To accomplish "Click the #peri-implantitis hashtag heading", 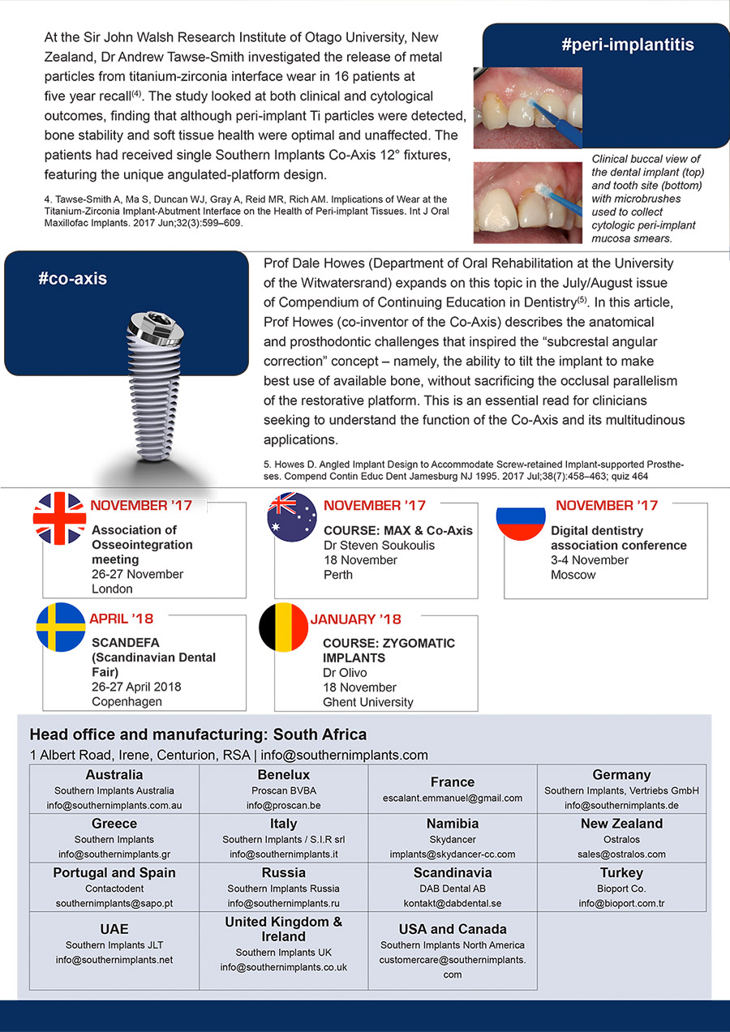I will point(627,45).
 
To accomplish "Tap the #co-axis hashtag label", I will point(72,279).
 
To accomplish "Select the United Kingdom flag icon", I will point(59,518).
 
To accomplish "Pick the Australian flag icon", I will point(292,518).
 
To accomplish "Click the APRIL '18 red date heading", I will point(121,619).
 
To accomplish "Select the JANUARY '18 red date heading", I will point(355,619).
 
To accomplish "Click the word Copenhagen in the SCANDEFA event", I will point(127,701).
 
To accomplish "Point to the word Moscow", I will point(573,575).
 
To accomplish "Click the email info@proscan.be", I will point(284,806).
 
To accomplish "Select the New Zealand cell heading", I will point(622,824).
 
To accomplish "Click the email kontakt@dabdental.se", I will point(453,903).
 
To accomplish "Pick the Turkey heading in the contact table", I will point(622,873).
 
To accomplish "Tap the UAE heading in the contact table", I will point(114,929).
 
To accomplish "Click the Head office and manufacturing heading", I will point(198,734).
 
